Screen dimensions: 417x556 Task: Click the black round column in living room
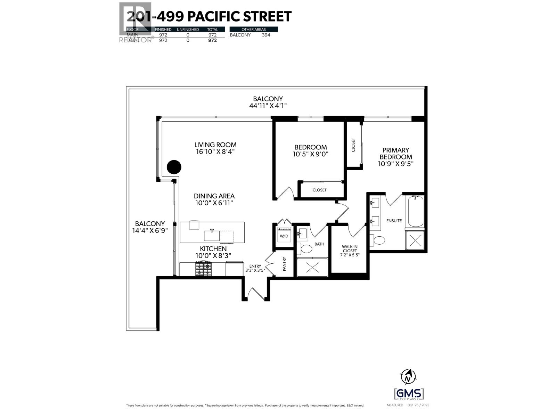coord(174,167)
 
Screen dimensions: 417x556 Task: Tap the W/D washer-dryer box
coord(284,236)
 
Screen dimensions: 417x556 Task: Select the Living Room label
coord(215,145)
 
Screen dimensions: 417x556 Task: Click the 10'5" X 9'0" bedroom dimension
coord(310,154)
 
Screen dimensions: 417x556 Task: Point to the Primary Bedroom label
coord(395,153)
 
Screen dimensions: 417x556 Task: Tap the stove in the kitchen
coord(203,269)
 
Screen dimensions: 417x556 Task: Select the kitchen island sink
coord(212,236)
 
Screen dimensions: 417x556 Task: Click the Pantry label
coord(284,264)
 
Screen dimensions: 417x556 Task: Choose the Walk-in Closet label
coord(350,248)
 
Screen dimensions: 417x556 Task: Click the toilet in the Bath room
coord(306,249)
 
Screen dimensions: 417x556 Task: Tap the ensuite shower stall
coord(415,240)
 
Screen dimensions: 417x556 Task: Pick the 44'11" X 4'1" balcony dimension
coord(268,106)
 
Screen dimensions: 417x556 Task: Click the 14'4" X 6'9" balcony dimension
coord(150,230)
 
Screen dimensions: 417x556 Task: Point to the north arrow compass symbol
coord(408,376)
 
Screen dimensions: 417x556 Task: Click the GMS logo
coord(409,394)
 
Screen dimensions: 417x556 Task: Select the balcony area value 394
coord(266,35)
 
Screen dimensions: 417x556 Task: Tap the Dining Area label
coord(214,196)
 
